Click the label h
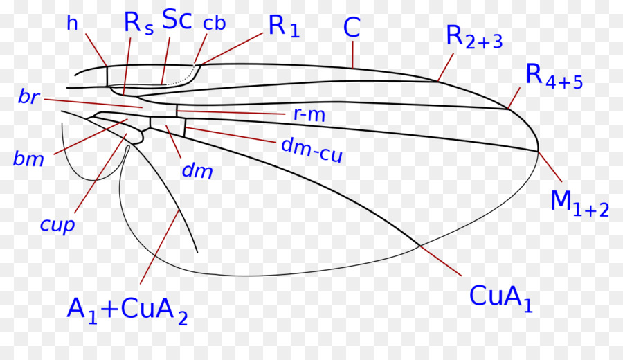pos(72,23)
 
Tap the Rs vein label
pos(138,23)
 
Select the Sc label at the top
pos(177,20)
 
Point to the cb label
pos(215,24)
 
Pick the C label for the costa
pos(352,28)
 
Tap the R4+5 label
pos(554,76)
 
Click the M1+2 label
pos(579,202)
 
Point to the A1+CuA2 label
pos(127,310)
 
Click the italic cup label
pos(57,225)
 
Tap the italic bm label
pos(28,159)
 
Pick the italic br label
pos(28,98)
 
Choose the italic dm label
pos(197,170)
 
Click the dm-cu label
pos(311,149)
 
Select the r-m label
pos(305,115)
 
